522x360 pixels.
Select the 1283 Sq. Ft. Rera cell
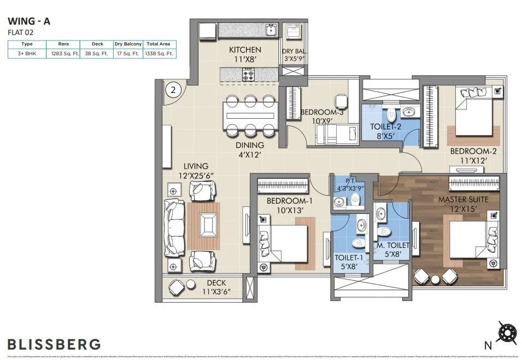[x=64, y=54]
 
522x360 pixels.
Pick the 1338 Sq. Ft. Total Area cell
[x=159, y=54]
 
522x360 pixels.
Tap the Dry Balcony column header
[x=128, y=44]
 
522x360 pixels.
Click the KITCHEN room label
[x=245, y=50]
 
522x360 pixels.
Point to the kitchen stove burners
[x=248, y=73]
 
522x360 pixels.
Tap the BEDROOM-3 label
[x=322, y=113]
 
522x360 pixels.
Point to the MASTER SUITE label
[x=463, y=199]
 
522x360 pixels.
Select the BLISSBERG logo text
[x=54, y=344]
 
